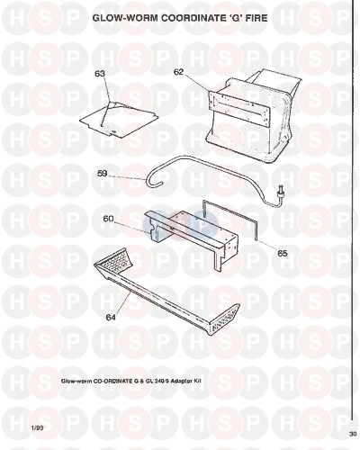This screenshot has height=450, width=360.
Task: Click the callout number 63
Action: pos(100,74)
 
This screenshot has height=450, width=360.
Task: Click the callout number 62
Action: pos(178,72)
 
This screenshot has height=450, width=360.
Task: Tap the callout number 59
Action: pos(103,174)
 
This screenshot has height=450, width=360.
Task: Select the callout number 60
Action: pos(108,219)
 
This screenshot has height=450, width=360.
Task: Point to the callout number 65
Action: pos(283,254)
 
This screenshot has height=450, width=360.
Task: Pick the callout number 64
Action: pos(112,317)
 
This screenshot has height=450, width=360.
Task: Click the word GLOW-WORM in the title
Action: pos(126,18)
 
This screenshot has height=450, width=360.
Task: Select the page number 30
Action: pos(353,434)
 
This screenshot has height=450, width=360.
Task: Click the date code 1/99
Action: pos(37,428)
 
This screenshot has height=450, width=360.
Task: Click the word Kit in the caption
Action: pos(195,381)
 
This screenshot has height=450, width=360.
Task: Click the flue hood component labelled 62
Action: pos(253,115)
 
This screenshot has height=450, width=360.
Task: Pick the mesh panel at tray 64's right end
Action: pos(228,319)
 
